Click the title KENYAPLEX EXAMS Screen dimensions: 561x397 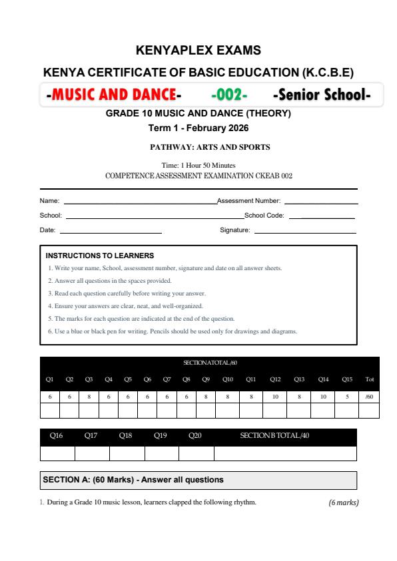click(198, 50)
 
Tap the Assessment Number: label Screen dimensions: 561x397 click(249, 200)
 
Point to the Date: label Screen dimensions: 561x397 click(48, 231)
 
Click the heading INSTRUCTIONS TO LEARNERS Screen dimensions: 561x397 click(100, 256)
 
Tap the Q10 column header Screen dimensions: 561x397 click(228, 379)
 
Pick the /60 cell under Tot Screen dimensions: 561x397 click(370, 396)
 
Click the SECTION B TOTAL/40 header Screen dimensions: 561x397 click(274, 437)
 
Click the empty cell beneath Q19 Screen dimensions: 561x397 click(161, 453)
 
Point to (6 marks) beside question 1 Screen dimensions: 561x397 click(344, 502)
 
